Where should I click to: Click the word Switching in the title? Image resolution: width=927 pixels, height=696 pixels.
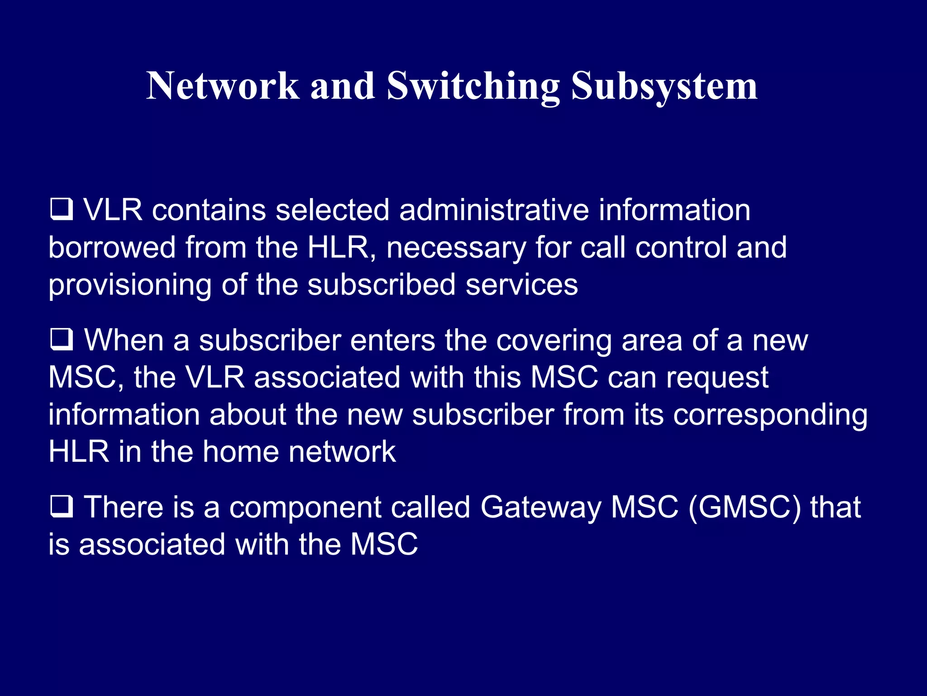[x=473, y=86]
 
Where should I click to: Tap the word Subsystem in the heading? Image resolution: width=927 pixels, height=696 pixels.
[x=664, y=86]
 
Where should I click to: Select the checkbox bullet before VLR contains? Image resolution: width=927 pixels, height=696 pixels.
[x=61, y=209]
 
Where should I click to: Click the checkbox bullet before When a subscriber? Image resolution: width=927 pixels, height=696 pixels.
[x=61, y=339]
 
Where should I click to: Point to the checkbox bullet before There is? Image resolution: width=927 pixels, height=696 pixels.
[x=61, y=506]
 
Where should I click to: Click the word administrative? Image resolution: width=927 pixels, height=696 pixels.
[x=494, y=210]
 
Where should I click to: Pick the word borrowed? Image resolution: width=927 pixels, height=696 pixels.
[x=112, y=247]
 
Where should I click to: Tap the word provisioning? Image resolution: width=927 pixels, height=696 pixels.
[x=130, y=285]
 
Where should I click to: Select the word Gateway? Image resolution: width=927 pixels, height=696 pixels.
[x=541, y=507]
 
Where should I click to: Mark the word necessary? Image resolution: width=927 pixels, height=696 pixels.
[x=456, y=248]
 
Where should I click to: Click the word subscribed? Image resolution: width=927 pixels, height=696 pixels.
[x=382, y=285]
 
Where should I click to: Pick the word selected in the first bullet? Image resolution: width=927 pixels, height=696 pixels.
[x=332, y=210]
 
